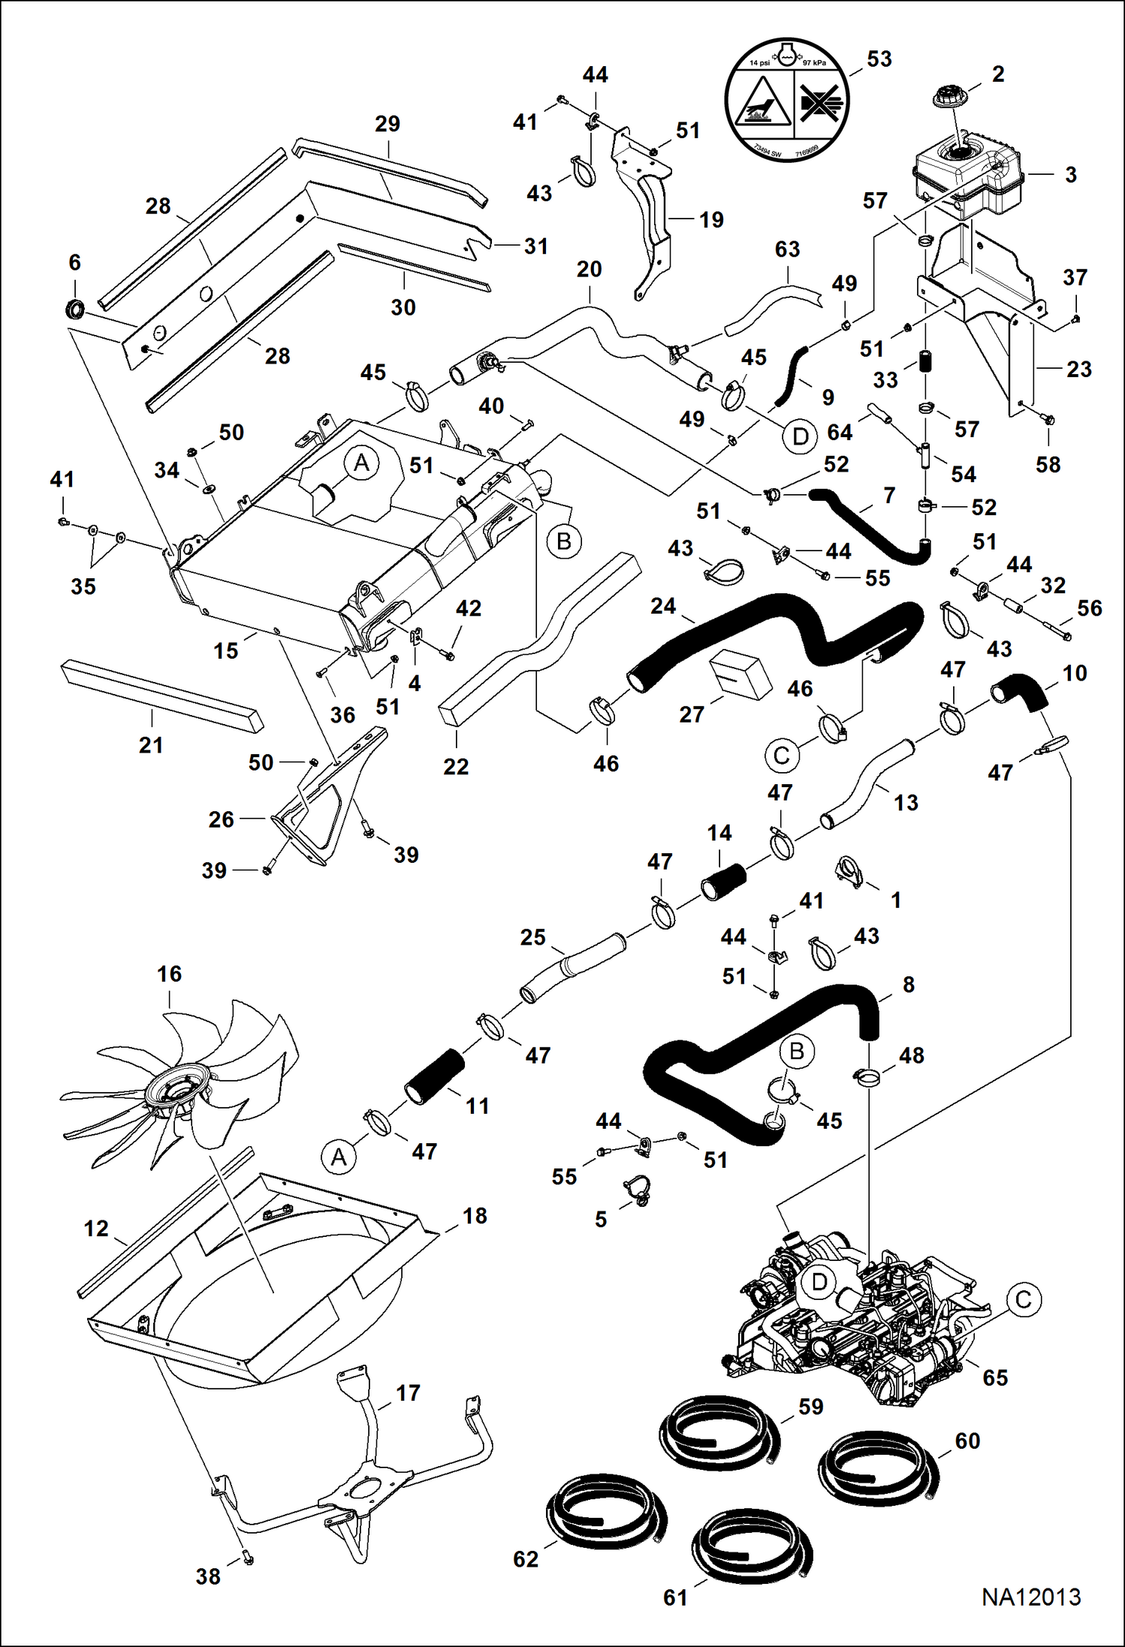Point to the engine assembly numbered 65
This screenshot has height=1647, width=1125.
(x=856, y=1322)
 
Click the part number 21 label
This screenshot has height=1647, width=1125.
(x=151, y=745)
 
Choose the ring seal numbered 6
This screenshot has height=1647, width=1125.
(x=74, y=308)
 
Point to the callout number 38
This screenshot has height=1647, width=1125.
(x=208, y=1576)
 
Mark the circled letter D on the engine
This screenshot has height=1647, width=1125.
(x=819, y=1282)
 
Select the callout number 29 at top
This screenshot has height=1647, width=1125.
(x=388, y=124)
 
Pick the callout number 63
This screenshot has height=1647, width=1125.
(x=787, y=249)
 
